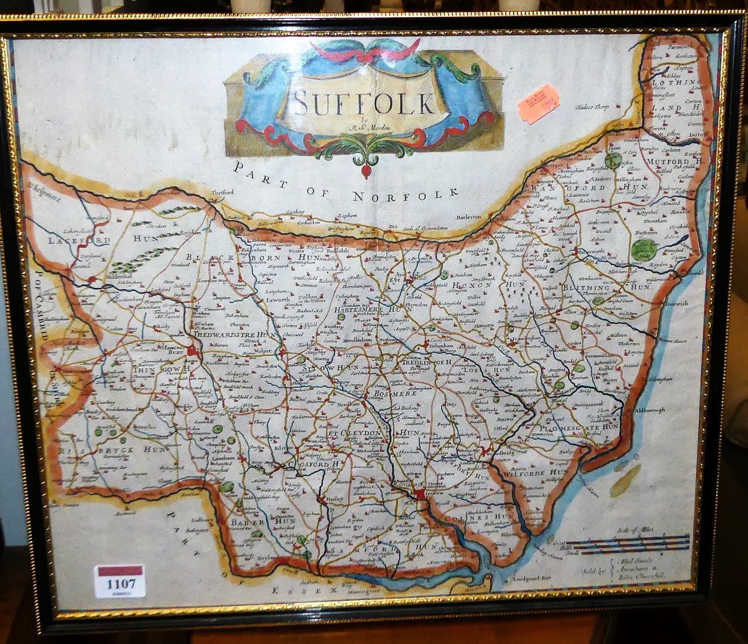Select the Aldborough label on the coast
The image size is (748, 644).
coord(649,410)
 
